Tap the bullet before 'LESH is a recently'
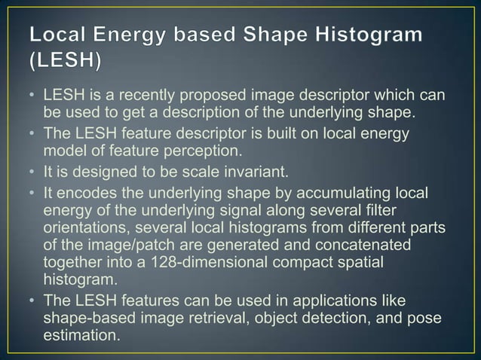(32, 98)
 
